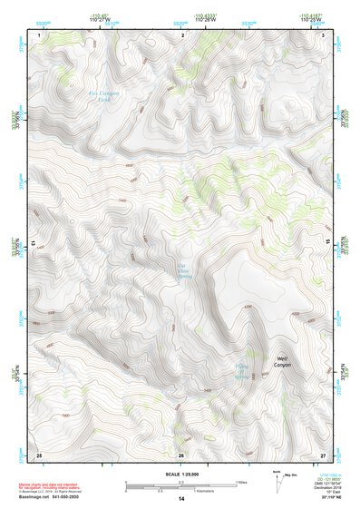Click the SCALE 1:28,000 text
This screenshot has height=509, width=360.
coord(180,474)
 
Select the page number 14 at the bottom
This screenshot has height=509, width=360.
coord(180,499)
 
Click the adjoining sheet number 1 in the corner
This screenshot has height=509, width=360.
coord(40,34)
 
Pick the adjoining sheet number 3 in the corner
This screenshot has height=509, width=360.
coord(324,34)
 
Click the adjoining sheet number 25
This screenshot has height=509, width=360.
coord(39,454)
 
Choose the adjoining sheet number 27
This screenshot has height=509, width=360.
coord(324,454)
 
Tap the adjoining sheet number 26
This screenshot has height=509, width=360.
coord(181,455)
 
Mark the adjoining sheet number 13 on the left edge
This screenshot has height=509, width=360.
coord(34,244)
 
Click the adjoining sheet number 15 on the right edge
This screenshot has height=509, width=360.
coord(327,244)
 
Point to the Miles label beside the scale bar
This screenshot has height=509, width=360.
coord(241,481)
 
